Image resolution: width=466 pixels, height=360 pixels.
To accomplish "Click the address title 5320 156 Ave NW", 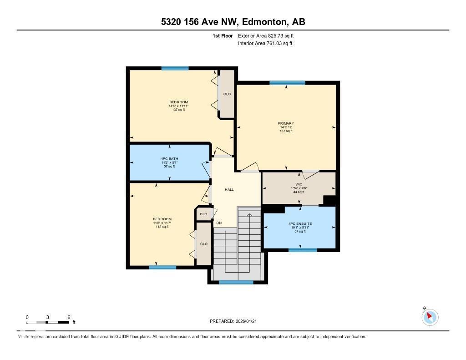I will tap(233, 22).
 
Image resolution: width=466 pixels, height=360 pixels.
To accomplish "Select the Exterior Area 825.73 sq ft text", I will tap(269, 35).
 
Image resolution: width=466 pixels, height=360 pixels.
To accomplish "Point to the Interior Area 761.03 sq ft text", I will tap(265, 44).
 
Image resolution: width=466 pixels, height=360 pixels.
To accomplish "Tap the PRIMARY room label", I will tap(286, 123).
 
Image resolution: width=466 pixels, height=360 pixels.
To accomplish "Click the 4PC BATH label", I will tap(169, 159).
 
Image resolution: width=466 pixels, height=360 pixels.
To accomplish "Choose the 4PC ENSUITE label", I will tap(300, 224).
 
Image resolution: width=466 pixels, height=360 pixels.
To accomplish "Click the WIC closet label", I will tap(299, 184).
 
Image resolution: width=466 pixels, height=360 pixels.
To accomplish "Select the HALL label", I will tap(229, 189).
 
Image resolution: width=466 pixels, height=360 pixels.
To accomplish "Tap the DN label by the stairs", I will tap(218, 223).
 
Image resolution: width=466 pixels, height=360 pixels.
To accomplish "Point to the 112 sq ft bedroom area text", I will tap(162, 227).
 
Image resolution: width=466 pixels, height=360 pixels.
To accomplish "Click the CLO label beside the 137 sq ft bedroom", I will tap(227, 94).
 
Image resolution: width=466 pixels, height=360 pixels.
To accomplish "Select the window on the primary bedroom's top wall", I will tap(287, 83).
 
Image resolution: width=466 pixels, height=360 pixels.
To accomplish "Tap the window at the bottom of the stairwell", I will tap(236, 282).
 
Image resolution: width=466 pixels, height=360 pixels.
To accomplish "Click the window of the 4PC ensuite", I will tap(302, 250).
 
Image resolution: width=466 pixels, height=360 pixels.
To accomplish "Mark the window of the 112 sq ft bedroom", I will tap(162, 267).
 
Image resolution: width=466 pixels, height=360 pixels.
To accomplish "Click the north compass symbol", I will tap(430, 317).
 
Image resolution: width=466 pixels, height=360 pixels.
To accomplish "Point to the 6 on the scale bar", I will tap(68, 317).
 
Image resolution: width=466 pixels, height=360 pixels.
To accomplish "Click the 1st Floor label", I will tap(223, 35).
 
